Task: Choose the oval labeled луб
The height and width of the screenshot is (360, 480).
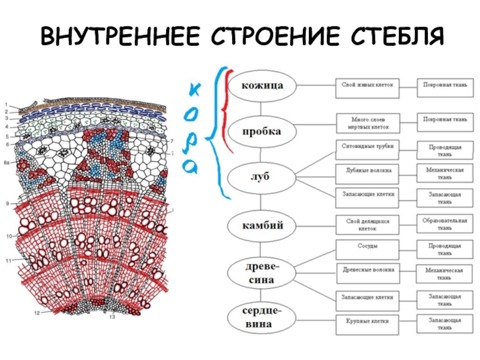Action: pyautogui.click(x=262, y=176)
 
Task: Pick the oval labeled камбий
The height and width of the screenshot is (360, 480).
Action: pyautogui.click(x=262, y=226)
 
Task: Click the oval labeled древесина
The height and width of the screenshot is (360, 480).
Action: pyautogui.click(x=262, y=272)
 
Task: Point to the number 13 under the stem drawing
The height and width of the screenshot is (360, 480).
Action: pyautogui.click(x=112, y=317)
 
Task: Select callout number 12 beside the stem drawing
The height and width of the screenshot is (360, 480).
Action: pyautogui.click(x=37, y=313)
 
